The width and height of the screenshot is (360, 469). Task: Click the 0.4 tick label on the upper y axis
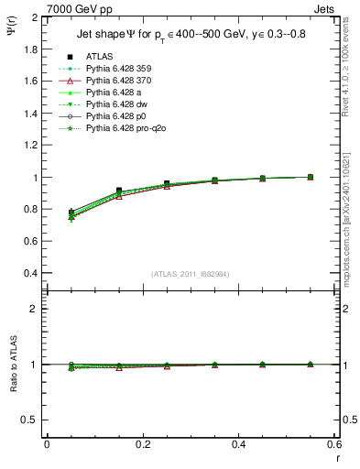(x=32, y=274)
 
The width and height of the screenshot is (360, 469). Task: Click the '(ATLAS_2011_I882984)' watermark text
(x=191, y=274)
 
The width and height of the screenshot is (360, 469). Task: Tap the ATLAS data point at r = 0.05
(x=71, y=213)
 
